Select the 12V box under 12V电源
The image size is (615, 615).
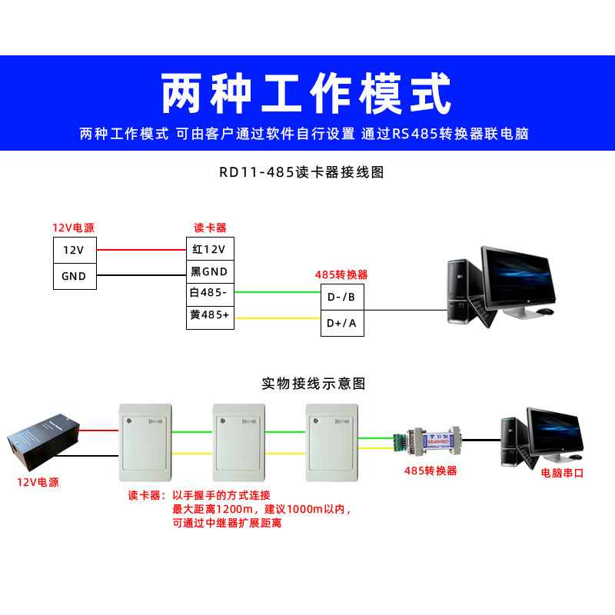[75, 250]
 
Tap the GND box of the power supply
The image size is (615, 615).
[75, 276]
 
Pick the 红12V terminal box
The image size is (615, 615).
[210, 249]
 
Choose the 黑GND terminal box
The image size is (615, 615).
[210, 271]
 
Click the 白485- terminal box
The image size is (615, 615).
[210, 293]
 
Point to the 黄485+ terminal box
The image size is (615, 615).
[210, 315]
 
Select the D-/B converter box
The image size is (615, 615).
[341, 298]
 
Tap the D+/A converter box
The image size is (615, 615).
[341, 323]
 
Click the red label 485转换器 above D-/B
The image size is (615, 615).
[341, 274]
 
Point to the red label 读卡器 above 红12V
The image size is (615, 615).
[210, 228]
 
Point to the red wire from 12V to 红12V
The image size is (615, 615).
[141, 250]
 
